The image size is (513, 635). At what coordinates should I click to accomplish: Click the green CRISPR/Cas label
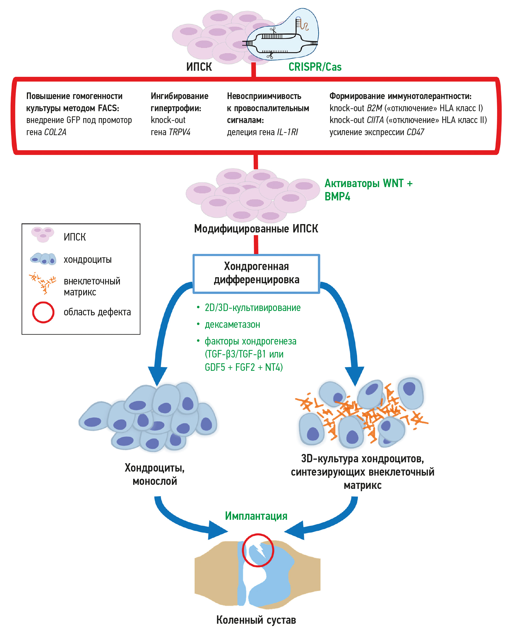pos(315,67)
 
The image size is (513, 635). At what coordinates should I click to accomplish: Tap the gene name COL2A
pos(55,132)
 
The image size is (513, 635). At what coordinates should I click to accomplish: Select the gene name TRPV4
pos(179,132)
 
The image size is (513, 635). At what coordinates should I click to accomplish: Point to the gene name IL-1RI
pos(287,132)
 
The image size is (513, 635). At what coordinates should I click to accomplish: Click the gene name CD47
pos(415,132)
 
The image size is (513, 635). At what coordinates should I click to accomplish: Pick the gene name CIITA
pos(375,120)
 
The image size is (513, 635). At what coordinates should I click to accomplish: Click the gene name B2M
pos(374,108)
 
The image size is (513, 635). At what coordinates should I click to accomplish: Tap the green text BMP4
pos(337,196)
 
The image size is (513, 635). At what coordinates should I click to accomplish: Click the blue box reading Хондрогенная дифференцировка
pos(256,273)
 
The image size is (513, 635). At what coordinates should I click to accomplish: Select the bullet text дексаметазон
pos(232,325)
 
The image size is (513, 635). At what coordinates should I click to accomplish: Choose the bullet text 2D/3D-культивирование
pos(253,308)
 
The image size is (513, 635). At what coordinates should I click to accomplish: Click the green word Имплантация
pos(256,516)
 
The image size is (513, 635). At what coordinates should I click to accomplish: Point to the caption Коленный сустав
pos(256,620)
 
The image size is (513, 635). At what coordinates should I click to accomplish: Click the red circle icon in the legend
pos(43,312)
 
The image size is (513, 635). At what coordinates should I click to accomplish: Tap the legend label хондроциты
pos(88,260)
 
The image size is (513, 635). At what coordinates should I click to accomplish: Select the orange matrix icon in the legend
pos(43,283)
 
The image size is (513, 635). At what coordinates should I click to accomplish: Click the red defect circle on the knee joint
pos(258,550)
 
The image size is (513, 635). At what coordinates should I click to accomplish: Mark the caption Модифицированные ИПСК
pos(256,229)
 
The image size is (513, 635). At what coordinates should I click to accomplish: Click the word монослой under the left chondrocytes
pos(155,481)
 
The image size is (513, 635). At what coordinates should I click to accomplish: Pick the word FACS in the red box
pos(108,108)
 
